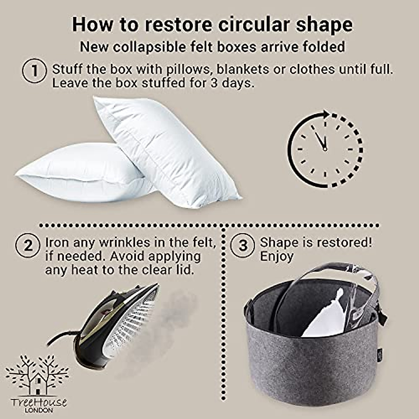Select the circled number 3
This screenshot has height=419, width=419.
(x=243, y=245)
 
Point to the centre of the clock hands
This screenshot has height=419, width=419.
(x=325, y=149)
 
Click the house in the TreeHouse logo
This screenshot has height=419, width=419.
(x=37, y=382)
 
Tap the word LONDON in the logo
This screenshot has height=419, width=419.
(x=39, y=410)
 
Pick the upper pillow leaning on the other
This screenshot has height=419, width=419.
(x=168, y=147)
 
